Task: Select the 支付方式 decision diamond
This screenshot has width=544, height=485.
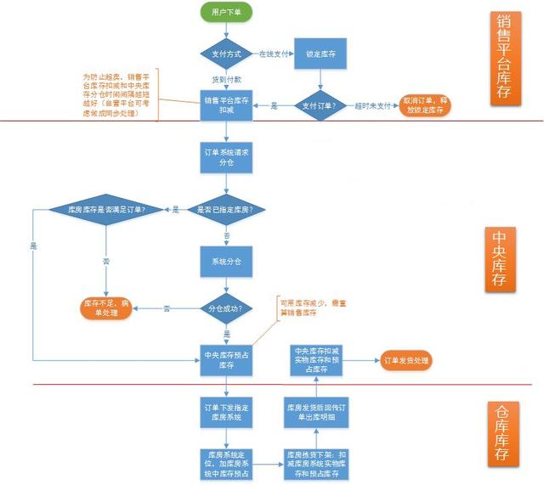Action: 225,54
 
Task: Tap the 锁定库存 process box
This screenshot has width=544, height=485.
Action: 319,54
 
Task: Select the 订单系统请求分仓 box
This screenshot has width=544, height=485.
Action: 225,156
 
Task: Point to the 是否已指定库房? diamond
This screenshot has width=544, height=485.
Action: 225,209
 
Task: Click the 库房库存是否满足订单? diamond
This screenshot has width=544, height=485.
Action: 105,209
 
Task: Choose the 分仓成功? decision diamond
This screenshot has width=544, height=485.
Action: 225,307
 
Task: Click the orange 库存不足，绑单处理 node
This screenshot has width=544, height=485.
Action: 105,307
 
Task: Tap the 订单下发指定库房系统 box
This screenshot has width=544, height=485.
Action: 225,411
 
